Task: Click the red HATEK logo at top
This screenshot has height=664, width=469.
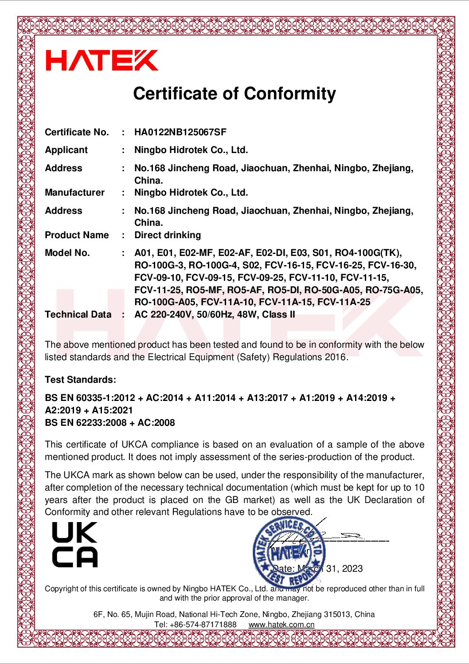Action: coord(102,60)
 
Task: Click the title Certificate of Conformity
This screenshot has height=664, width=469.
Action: coord(234,94)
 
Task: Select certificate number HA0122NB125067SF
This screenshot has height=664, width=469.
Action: coord(180,132)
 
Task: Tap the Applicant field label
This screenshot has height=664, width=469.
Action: coord(66,150)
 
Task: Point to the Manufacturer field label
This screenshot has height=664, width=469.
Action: coord(74,193)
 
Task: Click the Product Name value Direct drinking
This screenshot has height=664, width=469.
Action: coord(168,235)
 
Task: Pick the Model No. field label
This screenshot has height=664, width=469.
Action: coord(67,253)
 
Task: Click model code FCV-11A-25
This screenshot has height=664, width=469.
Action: coord(344,302)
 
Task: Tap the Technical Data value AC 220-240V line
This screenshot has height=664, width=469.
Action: coord(215,314)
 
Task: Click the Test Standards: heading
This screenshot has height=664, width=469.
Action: coord(80,380)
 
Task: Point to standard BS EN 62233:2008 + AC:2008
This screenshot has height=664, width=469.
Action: coord(110,423)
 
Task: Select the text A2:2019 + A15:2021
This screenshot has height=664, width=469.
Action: coord(89,410)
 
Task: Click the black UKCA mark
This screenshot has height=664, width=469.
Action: coord(74,545)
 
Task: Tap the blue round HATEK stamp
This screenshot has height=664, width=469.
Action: coord(289,553)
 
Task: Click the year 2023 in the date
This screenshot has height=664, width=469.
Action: coord(352,569)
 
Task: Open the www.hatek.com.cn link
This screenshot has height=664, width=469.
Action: coord(281,625)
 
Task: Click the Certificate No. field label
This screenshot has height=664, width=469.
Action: coord(77,132)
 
